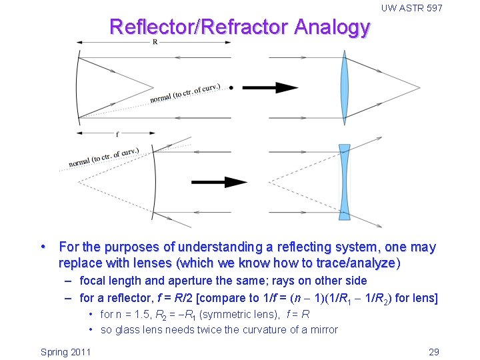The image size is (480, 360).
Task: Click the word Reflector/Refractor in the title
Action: click(197, 27)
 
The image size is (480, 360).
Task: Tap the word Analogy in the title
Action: click(331, 27)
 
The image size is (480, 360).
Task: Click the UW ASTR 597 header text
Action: click(411, 8)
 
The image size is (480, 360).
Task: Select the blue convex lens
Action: click(345, 87)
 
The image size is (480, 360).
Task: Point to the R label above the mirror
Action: click(155, 41)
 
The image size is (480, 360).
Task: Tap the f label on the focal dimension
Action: click(117, 133)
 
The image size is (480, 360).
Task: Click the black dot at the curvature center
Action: click(231, 87)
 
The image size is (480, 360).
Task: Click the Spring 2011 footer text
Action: click(66, 352)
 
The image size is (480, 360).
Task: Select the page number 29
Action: click(433, 352)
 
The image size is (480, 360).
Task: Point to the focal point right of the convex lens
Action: click(420, 87)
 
